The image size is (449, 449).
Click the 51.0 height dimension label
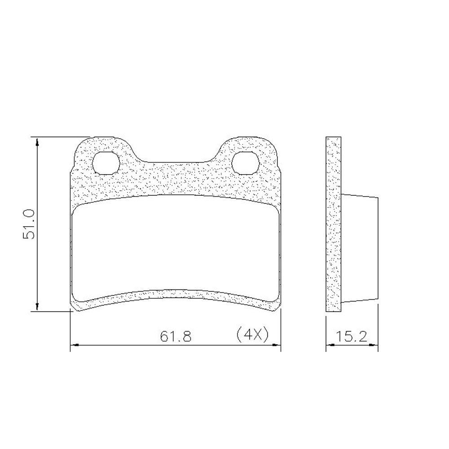pos(29,224)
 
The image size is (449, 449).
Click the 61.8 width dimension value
pos(176,336)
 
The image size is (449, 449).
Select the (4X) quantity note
pos(253,335)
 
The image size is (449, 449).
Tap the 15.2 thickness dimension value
pos(351,336)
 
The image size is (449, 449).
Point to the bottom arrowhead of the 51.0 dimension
pos(37,307)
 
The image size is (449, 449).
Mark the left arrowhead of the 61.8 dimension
pos(75,345)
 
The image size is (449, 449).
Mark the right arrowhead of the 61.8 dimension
pos(276,345)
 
